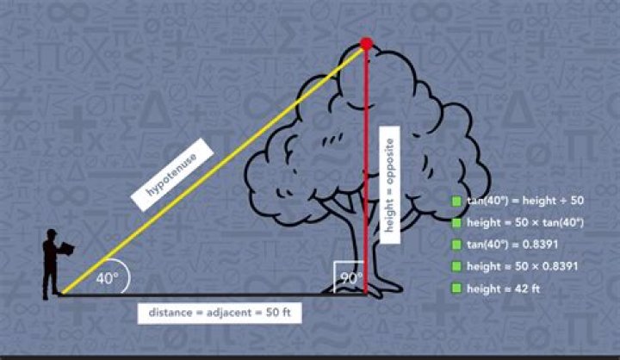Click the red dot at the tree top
pos(367,43)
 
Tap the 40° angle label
pos(107,278)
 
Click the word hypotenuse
pos(172,175)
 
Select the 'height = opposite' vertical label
pos(389,185)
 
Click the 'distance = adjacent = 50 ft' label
pos(220,313)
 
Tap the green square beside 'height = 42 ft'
pos(456,288)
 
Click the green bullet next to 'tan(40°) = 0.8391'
pos(456,245)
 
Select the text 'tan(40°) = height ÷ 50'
pos(525,201)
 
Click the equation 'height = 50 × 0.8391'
pos(523,266)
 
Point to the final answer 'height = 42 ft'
pos(503,289)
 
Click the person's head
pos(52,234)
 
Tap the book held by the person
pos(66,249)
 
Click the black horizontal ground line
pos(214,295)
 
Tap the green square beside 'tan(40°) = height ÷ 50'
pos(456,201)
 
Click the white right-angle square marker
pos(334,277)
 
